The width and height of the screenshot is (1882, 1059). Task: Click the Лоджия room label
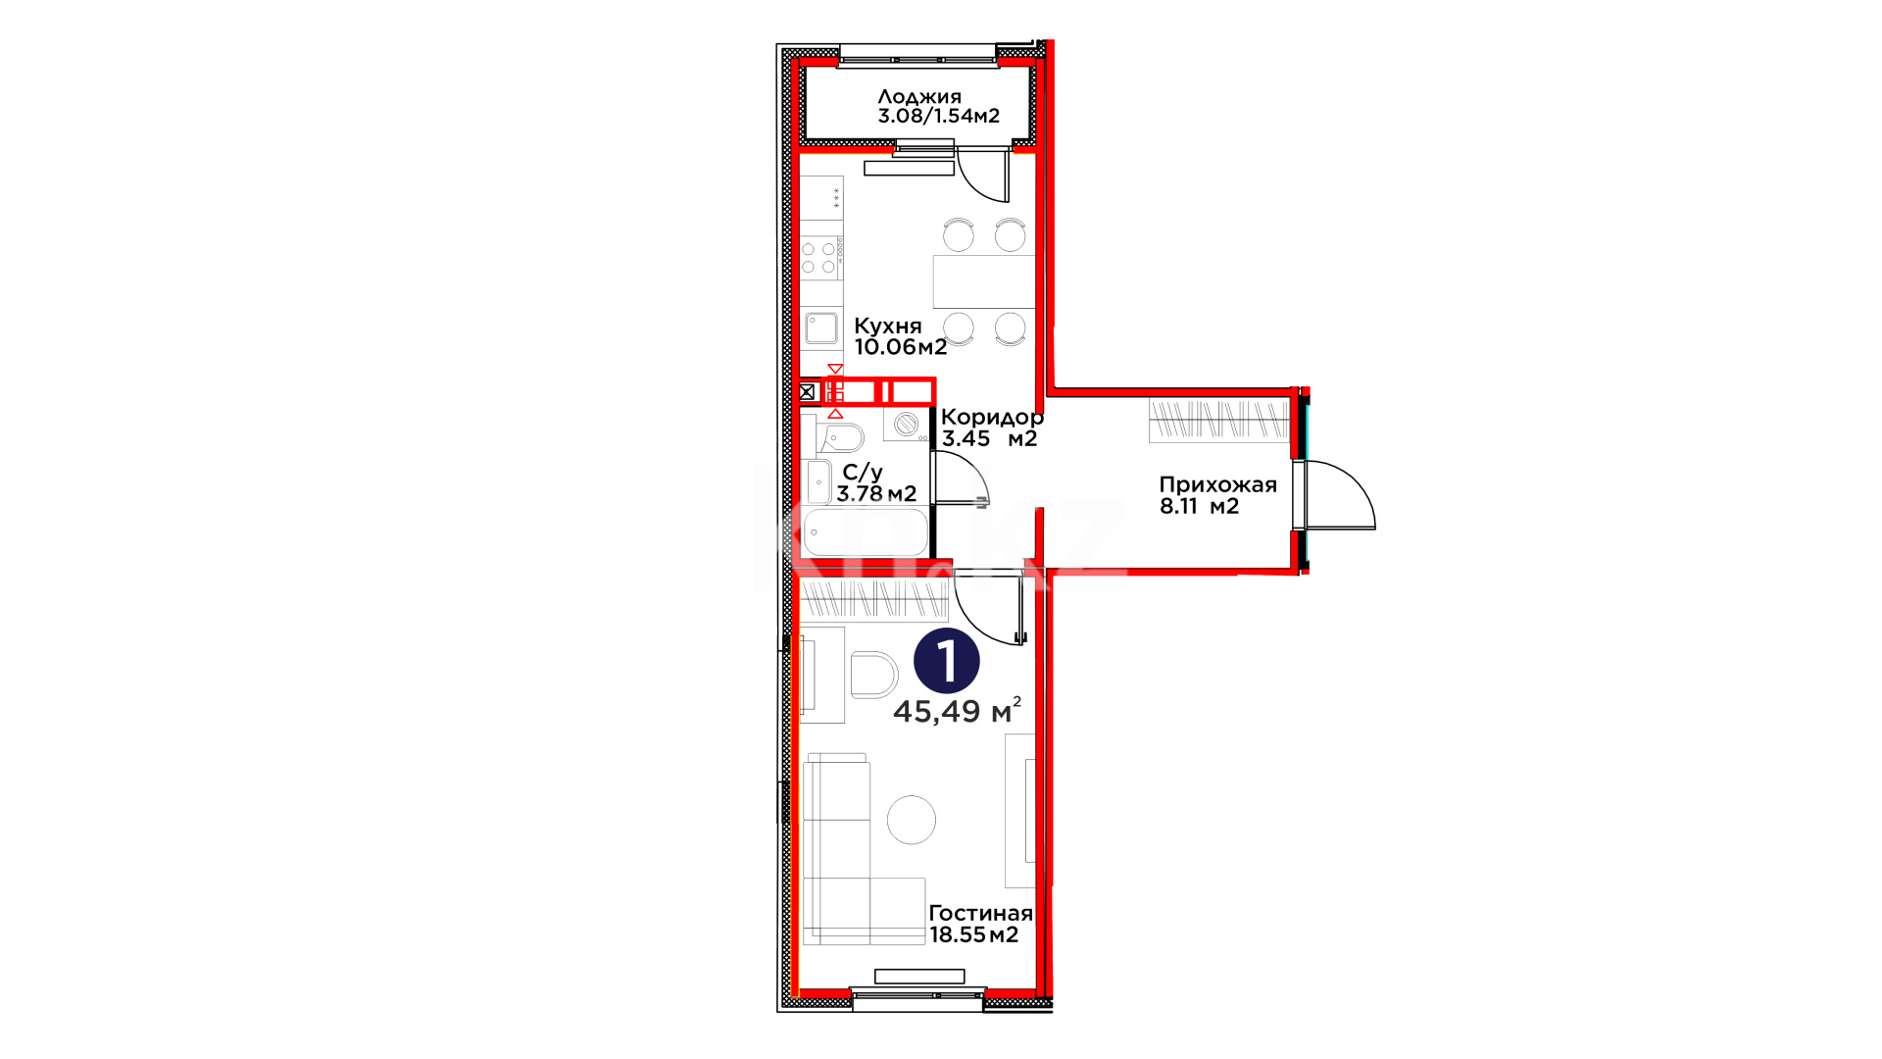point(919,97)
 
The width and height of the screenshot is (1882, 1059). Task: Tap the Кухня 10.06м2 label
point(900,336)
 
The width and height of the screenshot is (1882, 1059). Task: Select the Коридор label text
point(992,418)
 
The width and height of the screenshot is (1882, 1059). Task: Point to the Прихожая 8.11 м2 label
point(1217,495)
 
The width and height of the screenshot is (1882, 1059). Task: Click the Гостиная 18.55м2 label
point(980,924)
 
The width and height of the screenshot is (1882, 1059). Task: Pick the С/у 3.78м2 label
point(876,483)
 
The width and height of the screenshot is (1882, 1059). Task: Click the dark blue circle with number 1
point(946,661)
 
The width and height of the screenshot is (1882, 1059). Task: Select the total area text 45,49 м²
point(957,710)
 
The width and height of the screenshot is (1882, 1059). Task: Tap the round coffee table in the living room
point(912,820)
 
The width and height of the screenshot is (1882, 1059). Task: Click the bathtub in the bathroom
point(865,533)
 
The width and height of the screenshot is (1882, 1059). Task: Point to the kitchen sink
point(821,328)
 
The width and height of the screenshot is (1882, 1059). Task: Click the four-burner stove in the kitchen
point(821,258)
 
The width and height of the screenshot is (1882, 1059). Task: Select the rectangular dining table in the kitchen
point(983,281)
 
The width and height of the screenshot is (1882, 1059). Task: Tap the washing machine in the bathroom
point(907,425)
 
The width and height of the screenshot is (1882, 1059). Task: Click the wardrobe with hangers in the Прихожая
point(1219,420)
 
